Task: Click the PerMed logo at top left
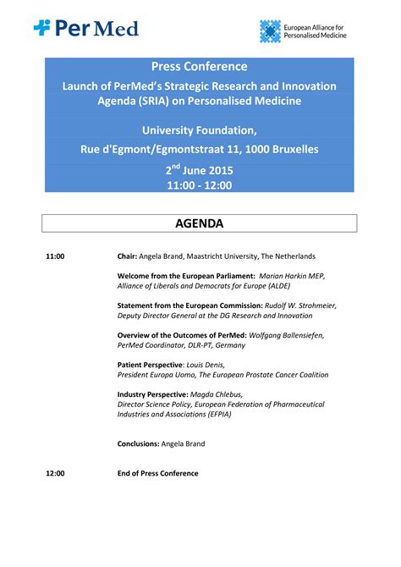(x=85, y=28)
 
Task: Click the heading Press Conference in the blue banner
(x=200, y=66)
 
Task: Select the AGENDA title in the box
(x=200, y=223)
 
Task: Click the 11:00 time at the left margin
(x=55, y=256)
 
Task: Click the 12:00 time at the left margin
(x=55, y=473)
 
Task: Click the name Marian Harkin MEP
(x=291, y=276)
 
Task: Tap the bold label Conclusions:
(x=139, y=443)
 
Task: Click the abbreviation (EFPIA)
(x=217, y=414)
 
